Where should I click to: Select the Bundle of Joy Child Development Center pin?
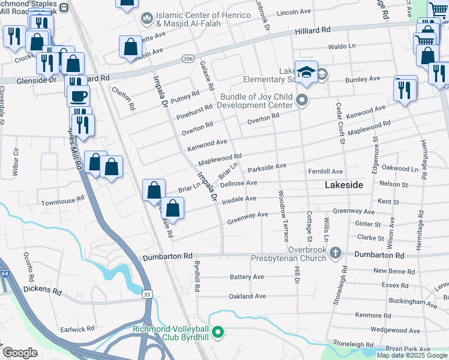(x=302, y=100)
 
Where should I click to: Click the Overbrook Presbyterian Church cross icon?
(x=336, y=254)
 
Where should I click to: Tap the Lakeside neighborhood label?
(x=343, y=185)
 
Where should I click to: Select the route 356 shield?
(x=188, y=59)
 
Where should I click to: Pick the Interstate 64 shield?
(x=4, y=274)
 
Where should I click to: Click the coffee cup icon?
(x=78, y=95)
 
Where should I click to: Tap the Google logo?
(x=20, y=353)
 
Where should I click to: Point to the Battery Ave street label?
(x=247, y=277)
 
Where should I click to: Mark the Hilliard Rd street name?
(x=312, y=30)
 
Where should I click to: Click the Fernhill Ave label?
(x=325, y=172)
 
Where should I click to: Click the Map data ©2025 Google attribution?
(x=412, y=355)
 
